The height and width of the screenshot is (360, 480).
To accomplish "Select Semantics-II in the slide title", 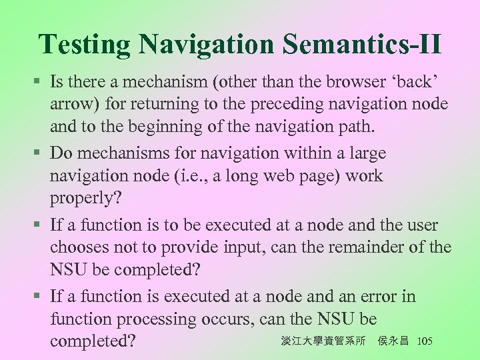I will pos(362,45).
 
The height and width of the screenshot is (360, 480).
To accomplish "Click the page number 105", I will pos(423,341).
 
